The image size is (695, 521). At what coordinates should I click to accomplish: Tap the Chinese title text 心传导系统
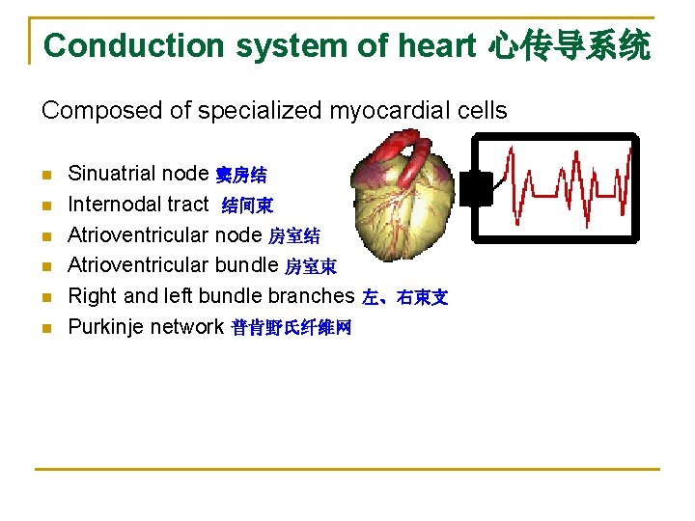(x=570, y=45)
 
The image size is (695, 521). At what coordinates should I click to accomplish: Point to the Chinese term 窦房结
(x=241, y=176)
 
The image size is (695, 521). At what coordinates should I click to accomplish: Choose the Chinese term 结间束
(x=247, y=206)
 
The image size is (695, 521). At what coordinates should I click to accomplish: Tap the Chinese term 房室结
(x=293, y=236)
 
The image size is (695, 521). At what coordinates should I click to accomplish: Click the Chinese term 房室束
(x=310, y=267)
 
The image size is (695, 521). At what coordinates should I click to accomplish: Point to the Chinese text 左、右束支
(x=404, y=298)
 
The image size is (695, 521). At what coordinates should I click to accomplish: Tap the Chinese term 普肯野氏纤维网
(x=292, y=329)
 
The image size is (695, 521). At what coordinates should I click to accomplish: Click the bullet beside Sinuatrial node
(x=46, y=176)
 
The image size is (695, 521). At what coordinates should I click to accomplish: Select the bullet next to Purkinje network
(x=46, y=329)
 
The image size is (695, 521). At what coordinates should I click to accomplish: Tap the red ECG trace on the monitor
(x=570, y=183)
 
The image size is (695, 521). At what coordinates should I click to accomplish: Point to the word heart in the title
(x=438, y=45)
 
